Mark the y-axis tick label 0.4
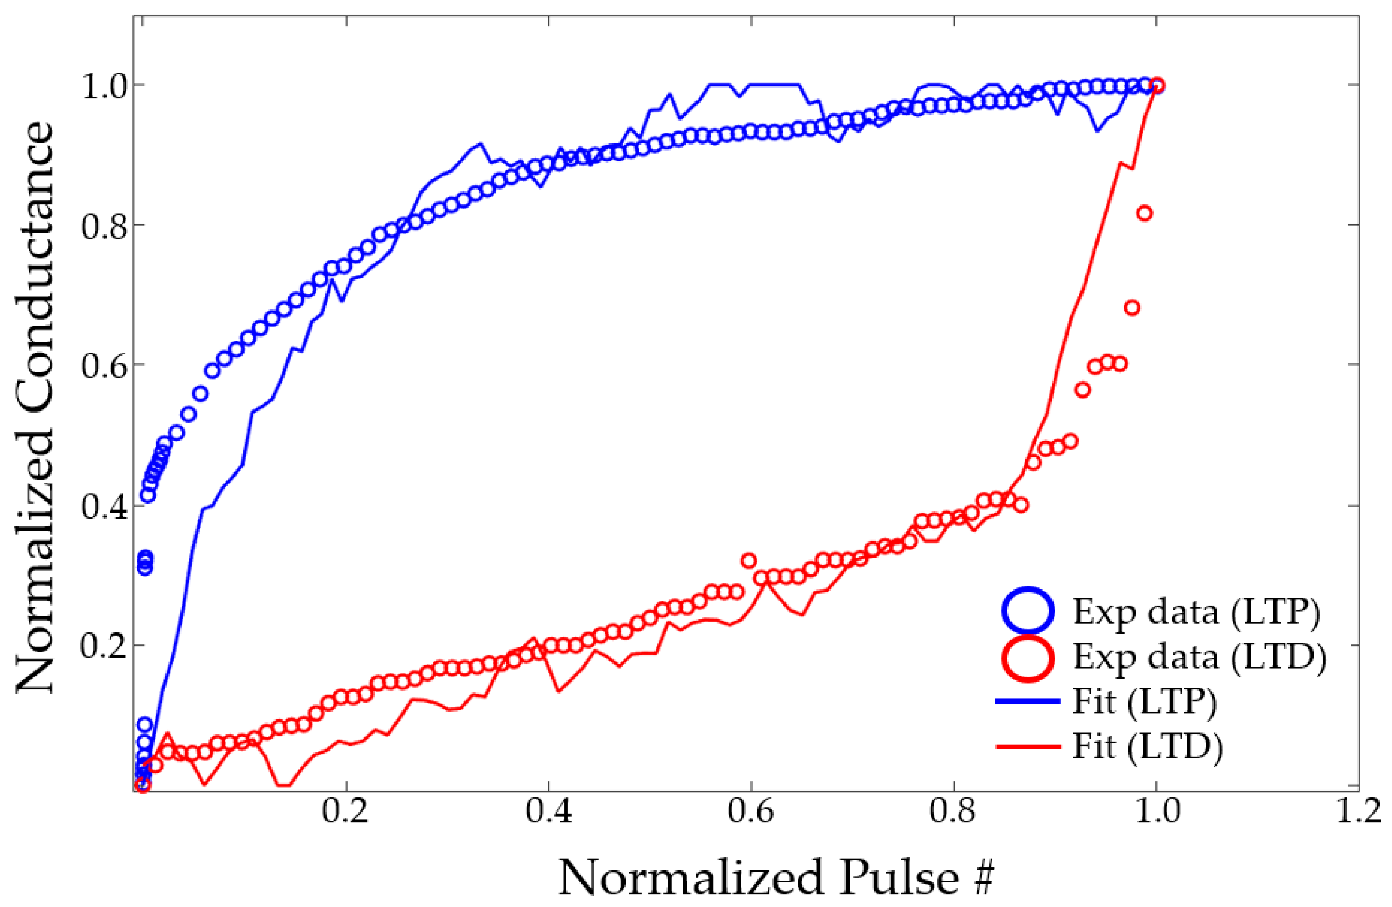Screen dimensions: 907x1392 (104, 506)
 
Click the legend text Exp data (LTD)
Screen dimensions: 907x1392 (1199, 657)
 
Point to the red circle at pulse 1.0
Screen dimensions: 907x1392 (1156, 86)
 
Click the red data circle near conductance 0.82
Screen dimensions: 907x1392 (1145, 213)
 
